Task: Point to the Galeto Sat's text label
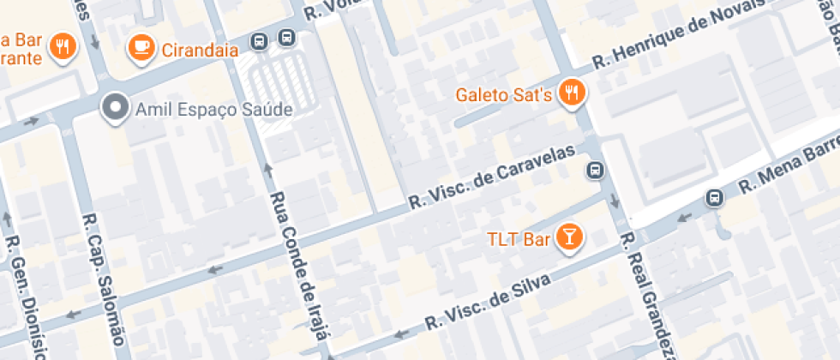coord(503,93)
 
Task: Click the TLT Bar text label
coord(518,239)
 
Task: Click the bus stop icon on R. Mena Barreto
coord(713,198)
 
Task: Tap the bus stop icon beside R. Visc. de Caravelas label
coord(593,171)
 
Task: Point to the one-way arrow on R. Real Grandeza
coord(615,201)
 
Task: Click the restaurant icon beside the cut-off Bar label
coord(62,46)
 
